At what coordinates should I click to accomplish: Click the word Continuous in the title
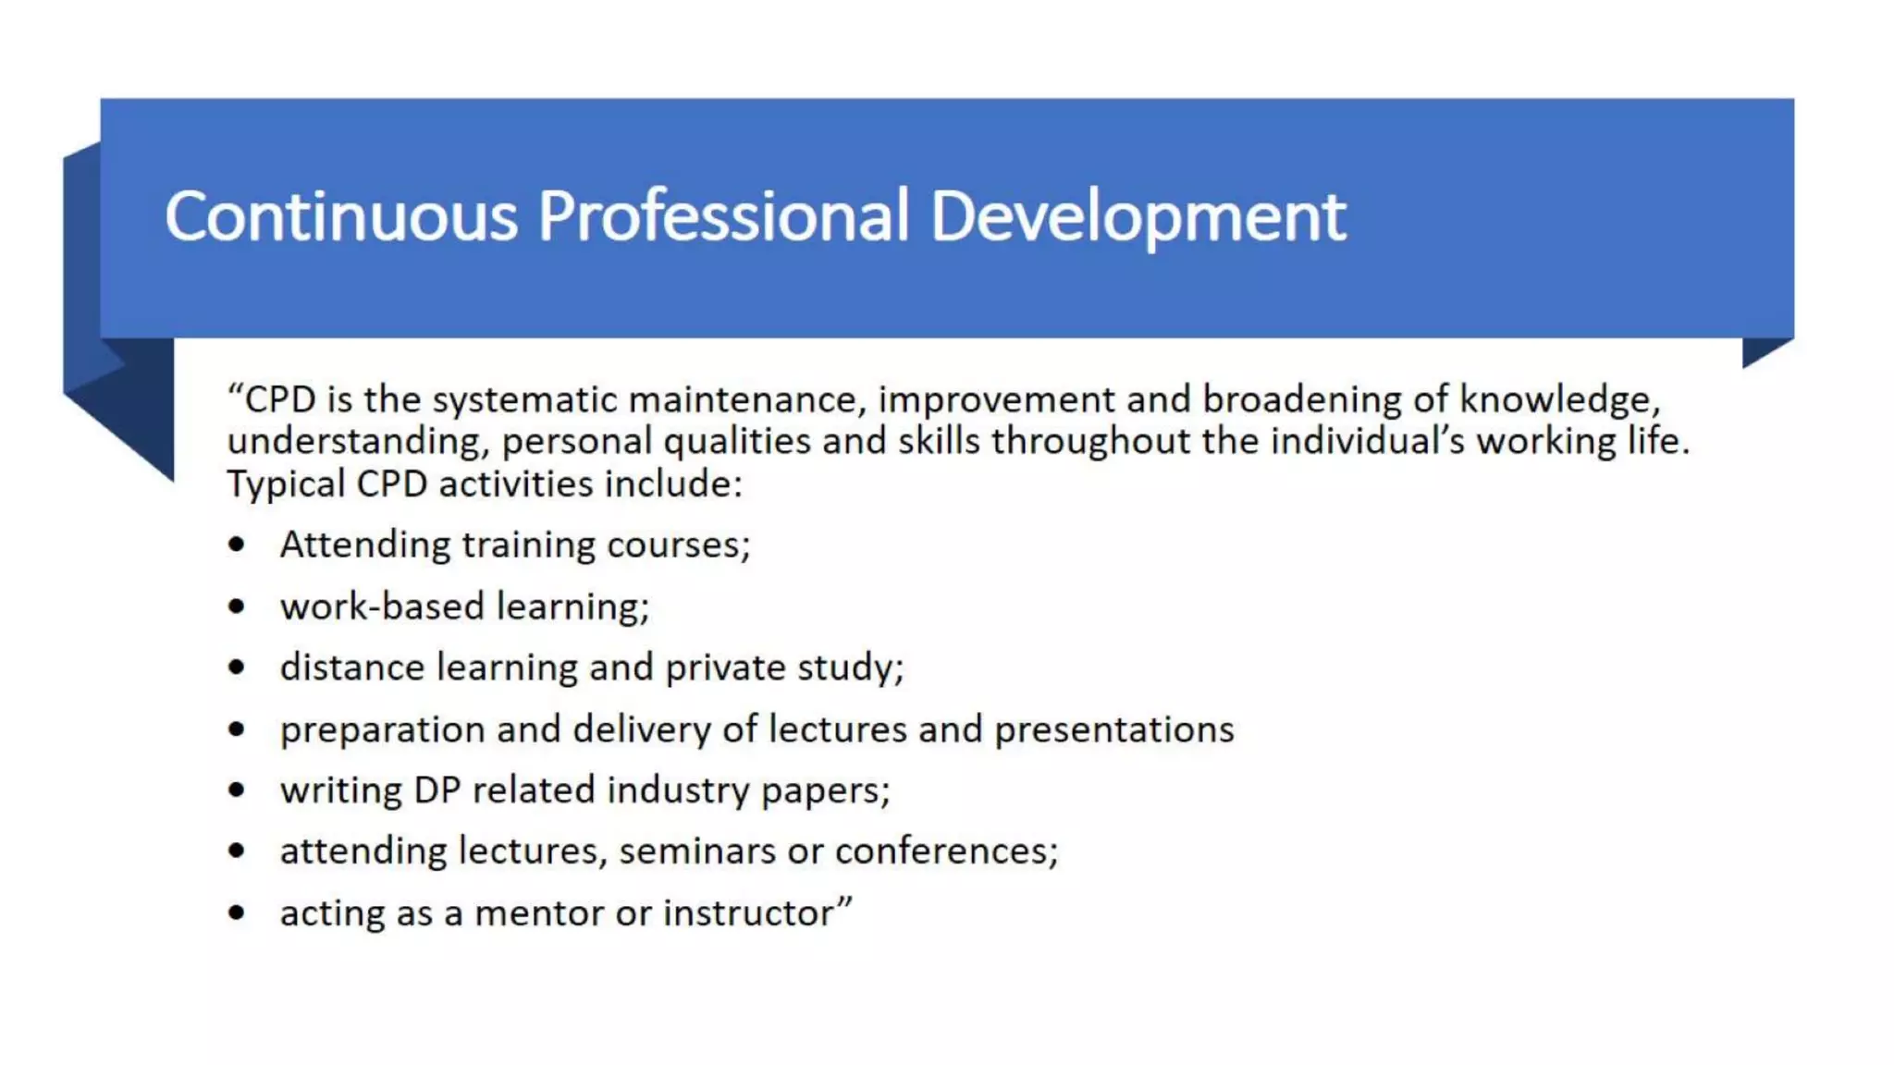pos(340,216)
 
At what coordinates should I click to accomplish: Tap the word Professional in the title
pos(722,216)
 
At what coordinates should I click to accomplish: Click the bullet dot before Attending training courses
pos(237,545)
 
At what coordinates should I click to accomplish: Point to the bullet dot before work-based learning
pos(237,606)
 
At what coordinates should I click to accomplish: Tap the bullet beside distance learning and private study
pos(237,667)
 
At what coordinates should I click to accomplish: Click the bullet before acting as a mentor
pos(237,913)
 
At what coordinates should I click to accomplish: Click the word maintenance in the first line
pos(747,400)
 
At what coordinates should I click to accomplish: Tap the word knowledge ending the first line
pos(1559,400)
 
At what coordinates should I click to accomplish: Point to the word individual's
pos(1368,441)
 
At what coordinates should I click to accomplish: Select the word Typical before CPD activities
pos(286,484)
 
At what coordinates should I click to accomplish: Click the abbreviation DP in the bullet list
pos(437,790)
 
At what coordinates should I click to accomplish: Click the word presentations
pos(1113,730)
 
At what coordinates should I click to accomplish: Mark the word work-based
pos(382,606)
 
